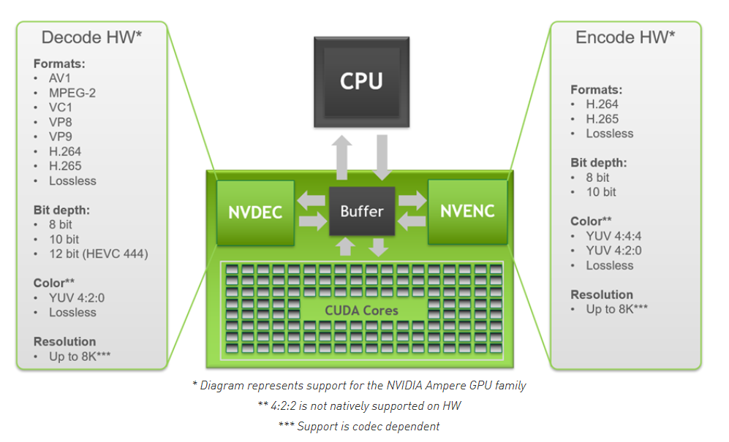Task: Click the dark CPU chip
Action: pyautogui.click(x=362, y=81)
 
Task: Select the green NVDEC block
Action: pyautogui.click(x=255, y=212)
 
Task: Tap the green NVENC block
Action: pyautogui.click(x=467, y=211)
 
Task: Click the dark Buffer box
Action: pyautogui.click(x=362, y=211)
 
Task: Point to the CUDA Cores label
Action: pyautogui.click(x=362, y=310)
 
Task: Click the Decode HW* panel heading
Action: pyautogui.click(x=92, y=37)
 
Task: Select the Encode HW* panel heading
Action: pyautogui.click(x=625, y=37)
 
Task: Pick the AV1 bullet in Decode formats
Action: pyautogui.click(x=61, y=78)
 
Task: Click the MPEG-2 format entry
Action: pyautogui.click(x=72, y=93)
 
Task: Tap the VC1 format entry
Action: pyautogui.click(x=61, y=107)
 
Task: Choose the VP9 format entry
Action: pyautogui.click(x=61, y=137)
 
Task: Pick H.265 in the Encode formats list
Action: pyautogui.click(x=602, y=119)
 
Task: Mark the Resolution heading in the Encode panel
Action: pyautogui.click(x=602, y=294)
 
